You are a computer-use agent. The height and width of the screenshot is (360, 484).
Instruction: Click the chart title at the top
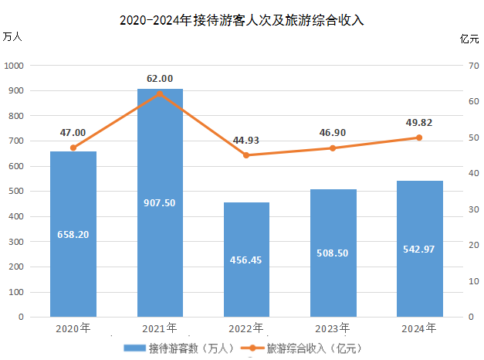coord(242,22)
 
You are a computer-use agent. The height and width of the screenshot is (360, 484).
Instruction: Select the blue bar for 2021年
coord(160,232)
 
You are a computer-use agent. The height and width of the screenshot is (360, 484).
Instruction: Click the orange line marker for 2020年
coord(73,148)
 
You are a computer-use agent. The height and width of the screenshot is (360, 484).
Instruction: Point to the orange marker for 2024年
coord(419,138)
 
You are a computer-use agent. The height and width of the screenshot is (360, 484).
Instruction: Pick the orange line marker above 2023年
coord(333,148)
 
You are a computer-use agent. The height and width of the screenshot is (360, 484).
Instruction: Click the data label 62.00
coord(160,78)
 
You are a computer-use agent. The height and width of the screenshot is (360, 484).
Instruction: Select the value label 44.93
coord(246,140)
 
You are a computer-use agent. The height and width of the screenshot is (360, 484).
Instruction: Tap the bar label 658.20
coord(73,233)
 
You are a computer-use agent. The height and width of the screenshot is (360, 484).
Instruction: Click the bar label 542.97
coord(419,249)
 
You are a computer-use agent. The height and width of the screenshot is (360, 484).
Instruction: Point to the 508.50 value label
coord(333,253)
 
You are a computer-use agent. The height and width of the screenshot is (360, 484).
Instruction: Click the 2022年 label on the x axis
coord(246,328)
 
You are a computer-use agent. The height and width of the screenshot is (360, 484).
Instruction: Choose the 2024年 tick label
coord(419,328)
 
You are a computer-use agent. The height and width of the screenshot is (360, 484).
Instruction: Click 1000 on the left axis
coord(15,66)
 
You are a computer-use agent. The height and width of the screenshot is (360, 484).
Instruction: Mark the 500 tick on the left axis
coord(18,192)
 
